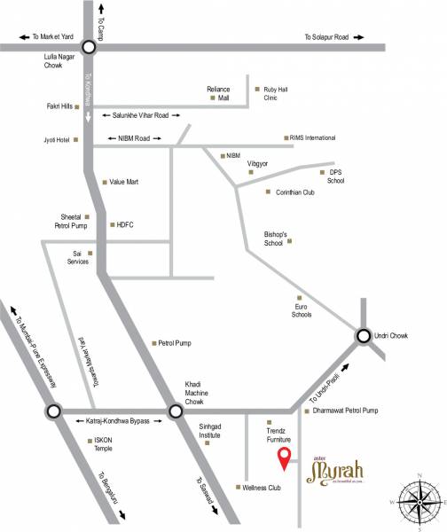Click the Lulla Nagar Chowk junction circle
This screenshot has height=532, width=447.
coord(89,49)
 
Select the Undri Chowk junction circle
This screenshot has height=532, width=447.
coord(364,336)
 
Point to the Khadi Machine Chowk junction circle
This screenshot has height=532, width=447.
coord(175,411)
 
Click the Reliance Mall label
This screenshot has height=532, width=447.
coord(218,94)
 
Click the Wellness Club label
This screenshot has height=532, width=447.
coord(264,487)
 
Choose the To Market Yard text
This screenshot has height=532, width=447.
coord(54,37)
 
